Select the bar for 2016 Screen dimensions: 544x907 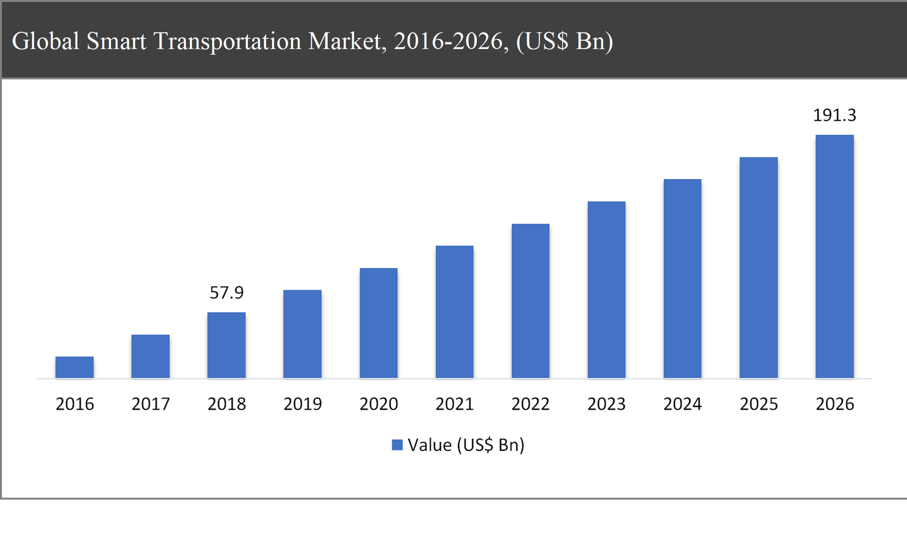74,367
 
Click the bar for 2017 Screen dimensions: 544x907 150,356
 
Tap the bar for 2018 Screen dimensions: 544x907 226,345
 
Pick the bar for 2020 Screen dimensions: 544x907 378,323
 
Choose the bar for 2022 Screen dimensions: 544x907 530,301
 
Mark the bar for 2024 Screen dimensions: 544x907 682,279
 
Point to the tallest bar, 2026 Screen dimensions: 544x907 834,256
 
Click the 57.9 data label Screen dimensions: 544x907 226,292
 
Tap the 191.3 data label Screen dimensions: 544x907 834,115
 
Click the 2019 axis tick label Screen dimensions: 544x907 302,404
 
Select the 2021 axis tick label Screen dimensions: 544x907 454,404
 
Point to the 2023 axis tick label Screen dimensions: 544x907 606,404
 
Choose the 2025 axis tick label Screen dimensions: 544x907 758,404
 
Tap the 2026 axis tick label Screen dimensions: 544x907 834,404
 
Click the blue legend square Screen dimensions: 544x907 397,445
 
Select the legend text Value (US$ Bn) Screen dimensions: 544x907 466,445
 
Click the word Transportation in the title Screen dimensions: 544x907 227,41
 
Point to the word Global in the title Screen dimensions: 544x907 45,41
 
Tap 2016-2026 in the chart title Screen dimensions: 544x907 451,41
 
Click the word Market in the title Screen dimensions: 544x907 346,41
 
